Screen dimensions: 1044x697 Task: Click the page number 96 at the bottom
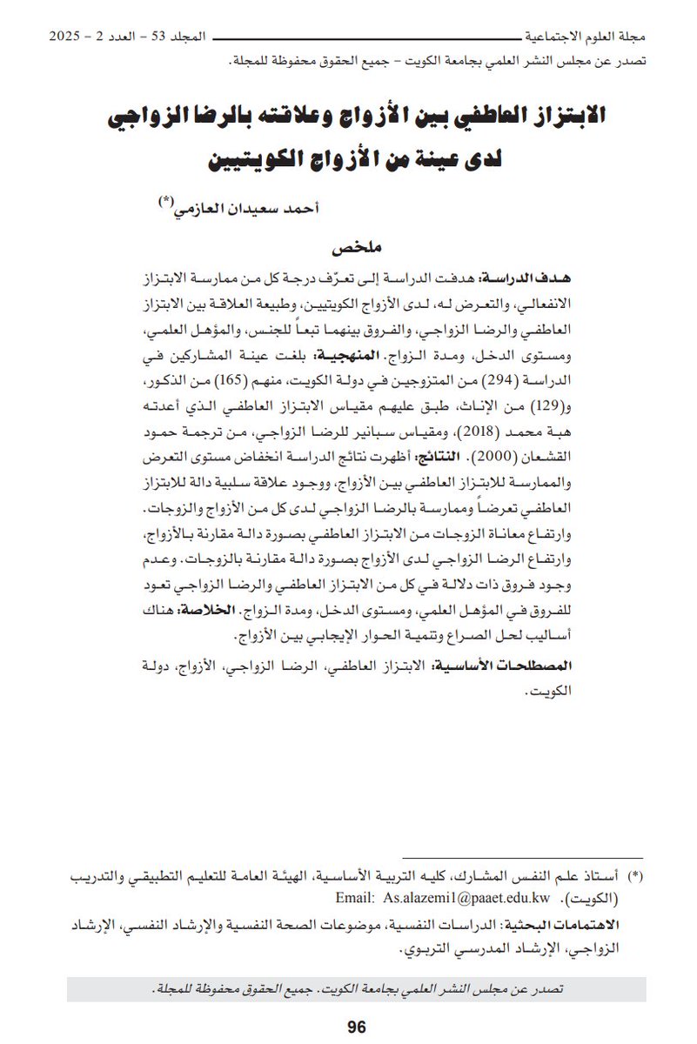click(356, 1027)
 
